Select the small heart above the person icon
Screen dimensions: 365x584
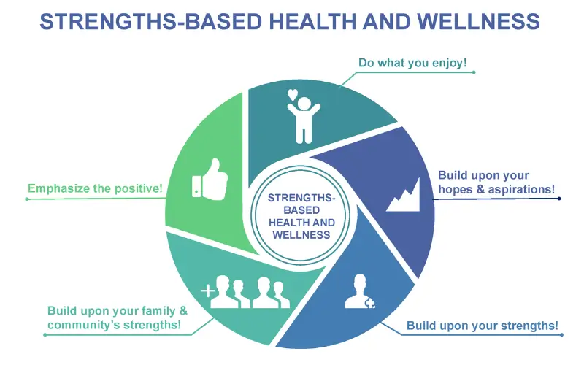(292, 94)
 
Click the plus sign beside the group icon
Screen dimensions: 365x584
(208, 291)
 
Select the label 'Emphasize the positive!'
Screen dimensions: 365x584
(95, 189)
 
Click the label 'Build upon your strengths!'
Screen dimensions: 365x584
(483, 325)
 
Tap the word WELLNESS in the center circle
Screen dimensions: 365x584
(301, 235)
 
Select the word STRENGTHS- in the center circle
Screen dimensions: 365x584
(301, 198)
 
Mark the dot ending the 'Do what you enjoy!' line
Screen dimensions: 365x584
(474, 72)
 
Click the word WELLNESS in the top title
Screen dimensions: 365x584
(473, 20)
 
